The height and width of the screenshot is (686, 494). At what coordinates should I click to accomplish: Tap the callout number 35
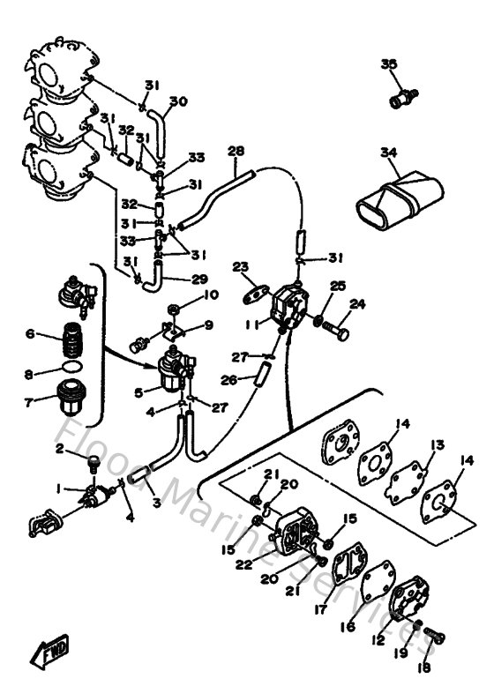[x=389, y=64]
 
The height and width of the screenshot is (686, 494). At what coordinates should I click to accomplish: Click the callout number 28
[x=236, y=151]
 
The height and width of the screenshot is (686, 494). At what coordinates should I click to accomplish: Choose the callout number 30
[x=178, y=101]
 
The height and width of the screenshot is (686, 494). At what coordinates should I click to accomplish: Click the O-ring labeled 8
[x=68, y=365]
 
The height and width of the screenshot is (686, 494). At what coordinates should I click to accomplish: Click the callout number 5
[x=138, y=391]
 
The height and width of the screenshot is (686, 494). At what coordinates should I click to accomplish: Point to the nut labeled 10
[x=174, y=308]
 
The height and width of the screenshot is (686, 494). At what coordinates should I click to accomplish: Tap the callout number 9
[x=208, y=325]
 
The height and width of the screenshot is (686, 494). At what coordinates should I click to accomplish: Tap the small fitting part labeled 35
[x=404, y=95]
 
